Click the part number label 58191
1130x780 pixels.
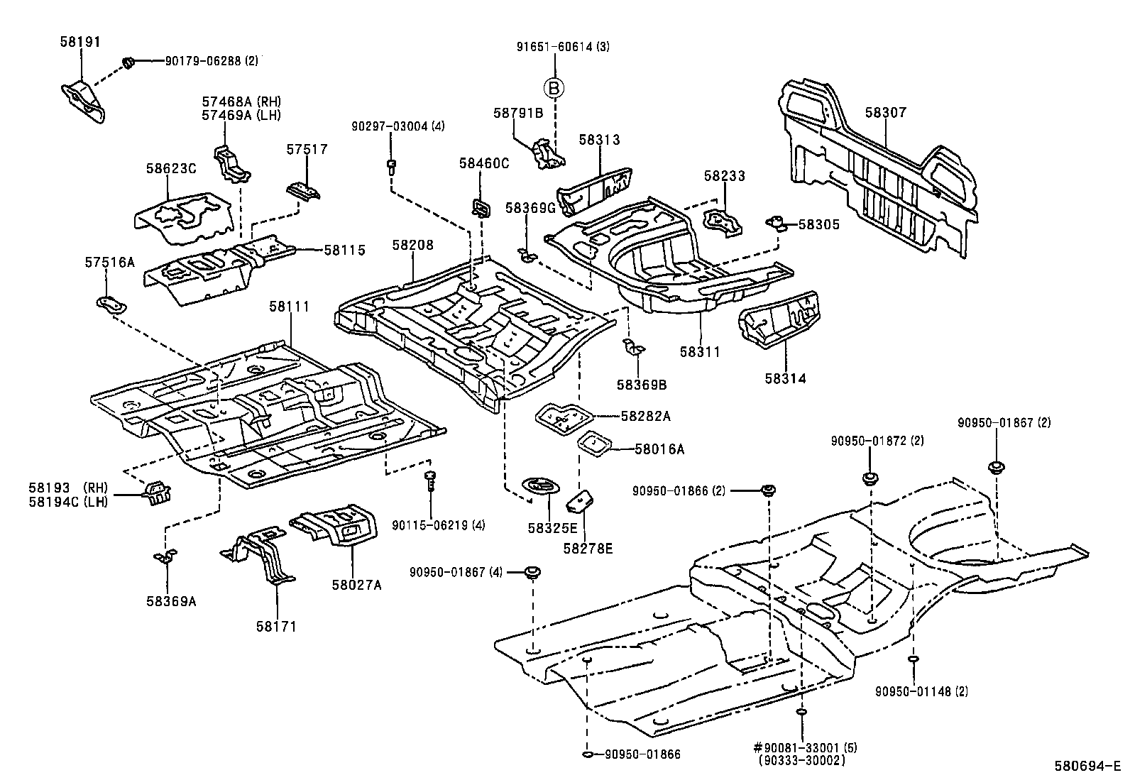[x=79, y=42]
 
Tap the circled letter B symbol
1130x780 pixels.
[x=554, y=88]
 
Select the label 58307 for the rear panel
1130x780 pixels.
[x=885, y=112]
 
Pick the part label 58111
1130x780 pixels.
[x=289, y=307]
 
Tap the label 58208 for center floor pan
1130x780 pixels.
[x=412, y=246]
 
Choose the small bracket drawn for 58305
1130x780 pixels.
[x=778, y=224]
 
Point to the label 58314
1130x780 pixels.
[x=785, y=379]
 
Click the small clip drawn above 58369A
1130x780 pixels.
[x=165, y=556]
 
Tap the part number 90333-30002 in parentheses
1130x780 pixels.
[x=801, y=760]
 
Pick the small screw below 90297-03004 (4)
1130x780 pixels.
[x=390, y=166]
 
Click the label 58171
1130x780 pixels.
[x=276, y=626]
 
